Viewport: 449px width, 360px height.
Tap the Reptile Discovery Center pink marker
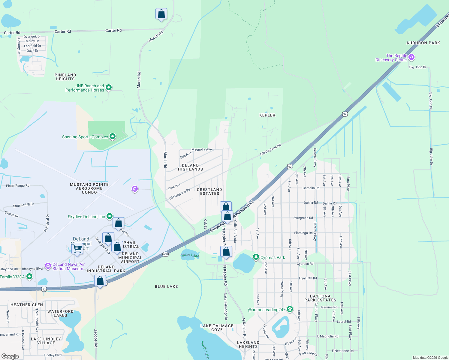click(x=411, y=57)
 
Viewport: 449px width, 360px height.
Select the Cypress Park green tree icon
click(x=256, y=257)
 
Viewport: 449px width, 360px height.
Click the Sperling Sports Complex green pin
click(x=113, y=136)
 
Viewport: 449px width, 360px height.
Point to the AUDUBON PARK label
click(x=423, y=43)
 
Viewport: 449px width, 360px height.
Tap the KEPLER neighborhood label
click(x=267, y=115)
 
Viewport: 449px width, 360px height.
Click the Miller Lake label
click(x=190, y=255)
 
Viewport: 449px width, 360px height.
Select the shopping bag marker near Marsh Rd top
click(x=161, y=14)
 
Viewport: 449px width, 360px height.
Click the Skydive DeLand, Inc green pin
click(x=110, y=216)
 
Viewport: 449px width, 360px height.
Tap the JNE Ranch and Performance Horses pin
click(x=109, y=88)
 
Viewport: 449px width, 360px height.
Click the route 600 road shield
click(x=165, y=254)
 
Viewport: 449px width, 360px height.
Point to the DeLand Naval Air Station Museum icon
click(x=48, y=266)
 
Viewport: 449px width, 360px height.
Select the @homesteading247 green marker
click(x=290, y=309)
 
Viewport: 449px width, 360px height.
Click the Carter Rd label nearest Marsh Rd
click(x=113, y=30)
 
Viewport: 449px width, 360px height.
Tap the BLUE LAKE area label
click(x=166, y=286)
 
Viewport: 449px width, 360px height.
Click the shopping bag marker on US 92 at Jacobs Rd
click(x=100, y=281)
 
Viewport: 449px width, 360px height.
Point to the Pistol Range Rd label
click(x=18, y=186)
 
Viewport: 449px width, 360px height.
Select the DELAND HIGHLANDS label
click(x=190, y=167)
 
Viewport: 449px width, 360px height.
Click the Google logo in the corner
click(x=10, y=356)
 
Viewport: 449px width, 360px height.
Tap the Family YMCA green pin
click(x=29, y=276)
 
